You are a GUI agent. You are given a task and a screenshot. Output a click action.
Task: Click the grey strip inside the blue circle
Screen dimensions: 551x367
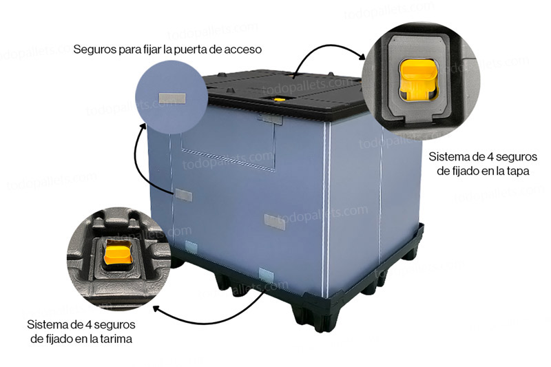[171, 98]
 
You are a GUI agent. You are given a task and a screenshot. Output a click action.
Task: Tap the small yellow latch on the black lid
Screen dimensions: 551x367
[280, 100]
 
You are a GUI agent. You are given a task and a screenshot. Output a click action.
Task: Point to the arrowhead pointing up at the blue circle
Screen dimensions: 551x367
[143, 127]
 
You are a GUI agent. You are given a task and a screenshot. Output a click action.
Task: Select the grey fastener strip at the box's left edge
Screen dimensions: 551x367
[183, 195]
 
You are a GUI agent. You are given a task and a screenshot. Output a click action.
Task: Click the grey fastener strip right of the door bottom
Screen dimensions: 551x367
[274, 222]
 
